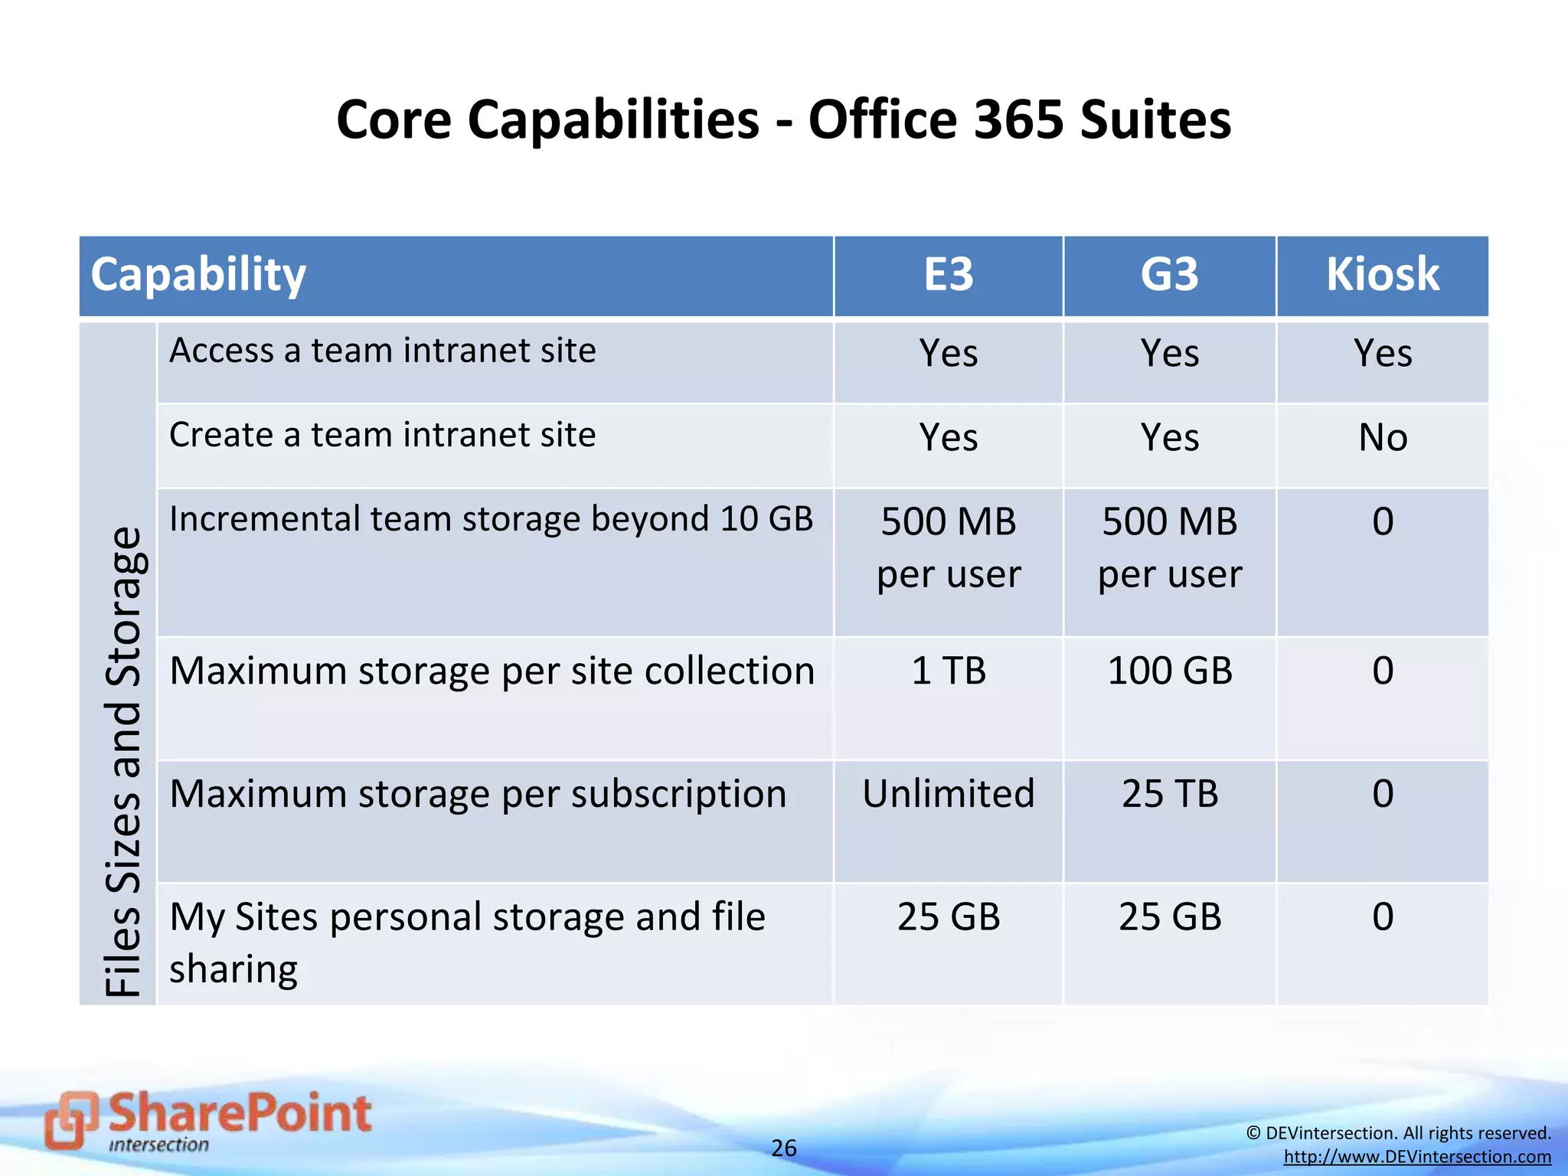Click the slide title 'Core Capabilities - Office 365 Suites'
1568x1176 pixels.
783,120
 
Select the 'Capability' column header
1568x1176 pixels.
199,275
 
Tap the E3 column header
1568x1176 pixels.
949,275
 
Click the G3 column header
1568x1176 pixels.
1169,275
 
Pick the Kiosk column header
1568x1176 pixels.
1383,275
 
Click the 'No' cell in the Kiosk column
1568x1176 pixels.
1383,438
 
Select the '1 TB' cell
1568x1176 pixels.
949,671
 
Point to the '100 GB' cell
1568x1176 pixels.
1170,671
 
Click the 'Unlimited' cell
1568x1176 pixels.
949,794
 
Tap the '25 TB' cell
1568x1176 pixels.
1170,794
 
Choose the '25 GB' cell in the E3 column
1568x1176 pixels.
949,916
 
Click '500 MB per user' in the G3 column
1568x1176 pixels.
1170,547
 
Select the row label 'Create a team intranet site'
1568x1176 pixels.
382,435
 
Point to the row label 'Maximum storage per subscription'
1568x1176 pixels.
478,794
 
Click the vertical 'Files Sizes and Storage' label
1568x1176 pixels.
122,761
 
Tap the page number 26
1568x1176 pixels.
783,1148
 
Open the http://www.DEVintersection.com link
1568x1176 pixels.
1417,1157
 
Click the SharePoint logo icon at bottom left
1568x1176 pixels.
70,1119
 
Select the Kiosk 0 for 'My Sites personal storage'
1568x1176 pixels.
1383,916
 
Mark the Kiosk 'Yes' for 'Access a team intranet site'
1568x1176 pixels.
1383,354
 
